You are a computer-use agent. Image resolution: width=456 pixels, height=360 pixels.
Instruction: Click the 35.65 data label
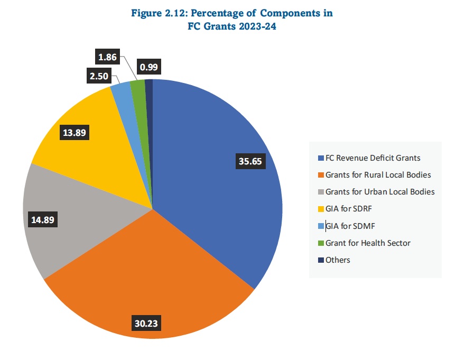(x=250, y=162)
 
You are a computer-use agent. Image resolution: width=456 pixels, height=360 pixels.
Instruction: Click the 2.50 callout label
(x=99, y=76)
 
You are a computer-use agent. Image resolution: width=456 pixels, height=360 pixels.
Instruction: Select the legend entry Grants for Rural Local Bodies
(x=378, y=174)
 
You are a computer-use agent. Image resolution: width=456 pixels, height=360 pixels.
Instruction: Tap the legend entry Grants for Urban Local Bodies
(x=379, y=191)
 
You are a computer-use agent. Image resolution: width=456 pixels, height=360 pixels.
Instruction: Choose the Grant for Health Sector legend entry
(x=368, y=243)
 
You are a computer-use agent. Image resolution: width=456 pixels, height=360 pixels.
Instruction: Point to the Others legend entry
(x=338, y=260)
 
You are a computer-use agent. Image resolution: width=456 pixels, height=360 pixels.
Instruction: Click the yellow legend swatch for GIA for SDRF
(x=321, y=209)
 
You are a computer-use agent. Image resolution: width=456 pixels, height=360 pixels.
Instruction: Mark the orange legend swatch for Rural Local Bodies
(x=321, y=174)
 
